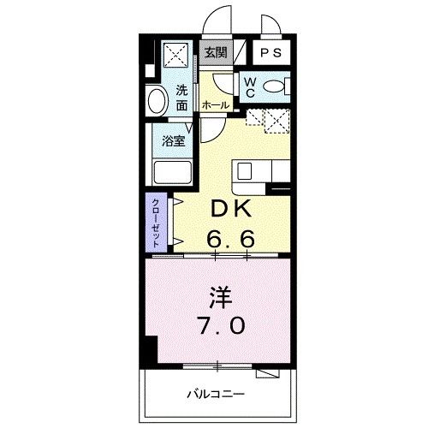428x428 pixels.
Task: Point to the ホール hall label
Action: [x=215, y=104]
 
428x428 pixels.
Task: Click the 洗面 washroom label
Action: [x=182, y=98]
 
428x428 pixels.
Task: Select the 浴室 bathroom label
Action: [x=174, y=140]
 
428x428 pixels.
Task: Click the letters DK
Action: [x=229, y=208]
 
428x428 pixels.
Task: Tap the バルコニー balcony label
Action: [x=217, y=394]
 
